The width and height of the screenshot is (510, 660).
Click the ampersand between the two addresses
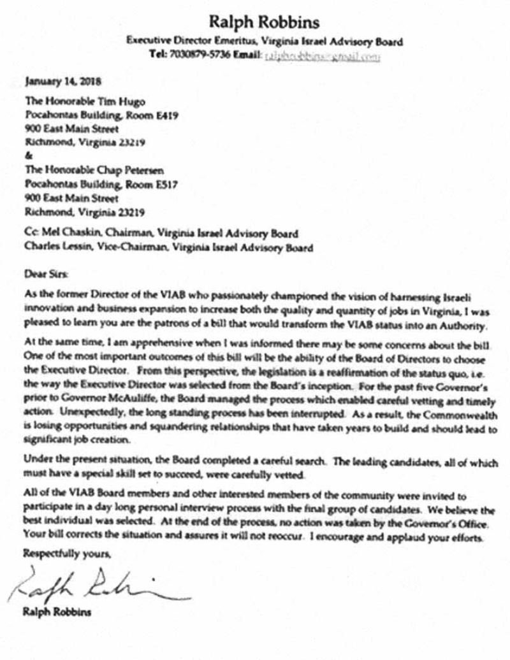tap(27, 155)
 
